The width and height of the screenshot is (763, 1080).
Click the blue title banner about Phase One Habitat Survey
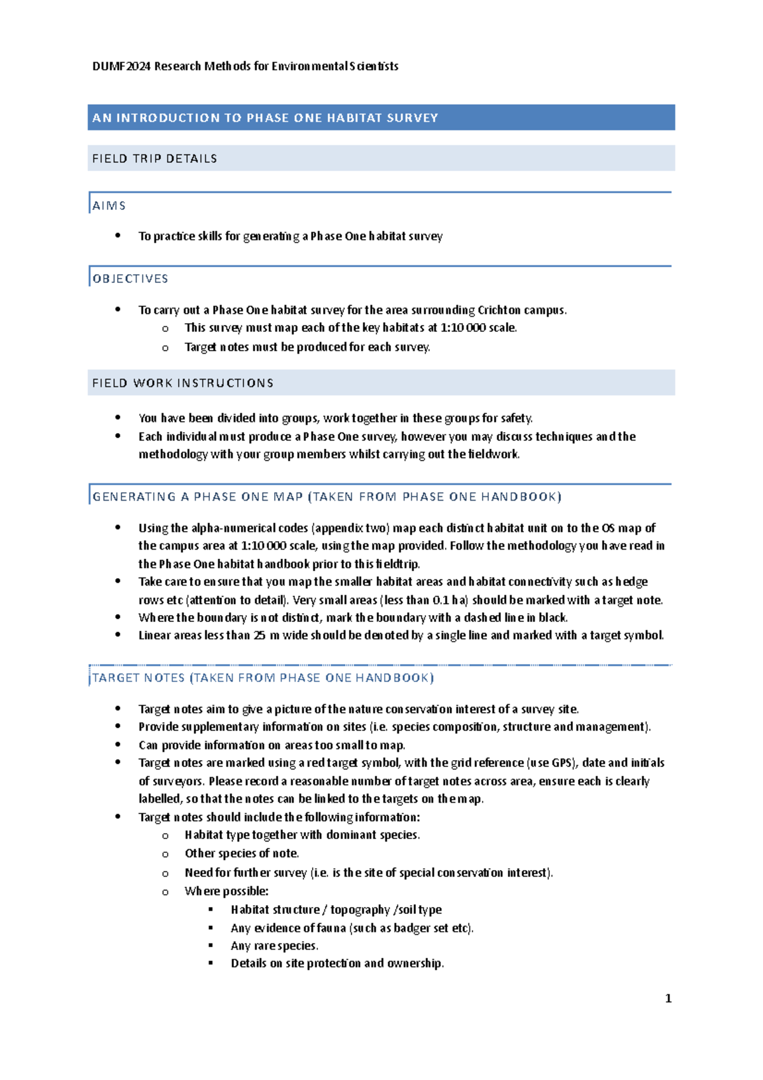pos(381,118)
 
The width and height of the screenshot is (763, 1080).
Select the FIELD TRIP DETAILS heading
pos(155,158)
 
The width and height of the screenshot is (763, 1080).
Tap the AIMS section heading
pos(109,205)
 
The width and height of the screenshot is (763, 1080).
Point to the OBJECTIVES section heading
pos(130,279)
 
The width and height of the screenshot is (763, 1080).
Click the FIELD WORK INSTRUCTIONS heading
pos(183,383)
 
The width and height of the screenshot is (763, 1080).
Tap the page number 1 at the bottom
pos(668,999)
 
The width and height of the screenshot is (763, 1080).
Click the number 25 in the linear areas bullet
pos(259,635)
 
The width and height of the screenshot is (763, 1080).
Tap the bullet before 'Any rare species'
pos(211,946)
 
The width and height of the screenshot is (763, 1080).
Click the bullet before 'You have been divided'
pos(118,418)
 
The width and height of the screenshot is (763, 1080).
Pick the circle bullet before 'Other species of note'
pos(165,854)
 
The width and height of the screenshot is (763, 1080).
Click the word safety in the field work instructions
pos(516,418)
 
